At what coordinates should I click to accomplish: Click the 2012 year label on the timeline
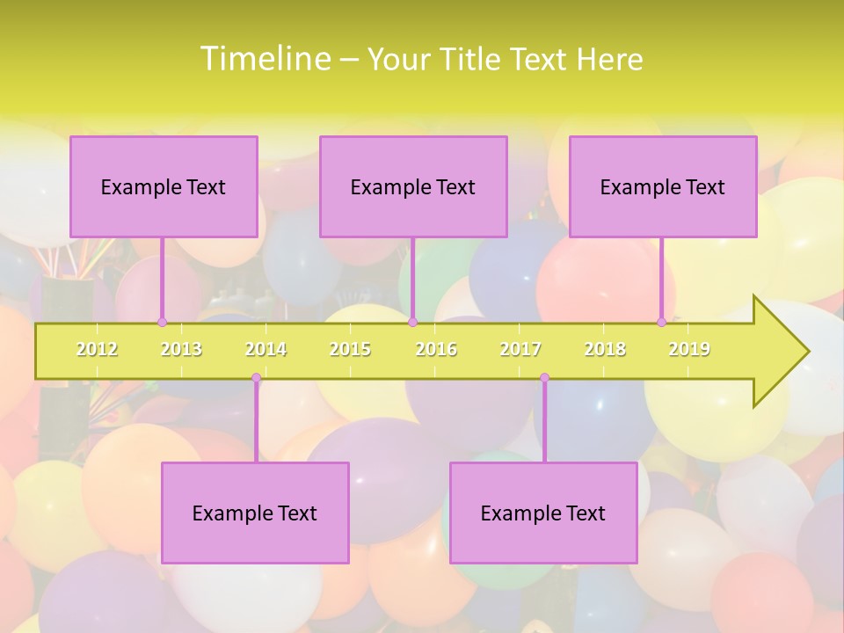click(97, 349)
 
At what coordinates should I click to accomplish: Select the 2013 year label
click(181, 349)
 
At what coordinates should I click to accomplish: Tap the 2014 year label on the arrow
click(266, 349)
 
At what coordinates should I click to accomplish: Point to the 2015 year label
click(350, 349)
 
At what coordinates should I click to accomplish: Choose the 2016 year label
click(436, 349)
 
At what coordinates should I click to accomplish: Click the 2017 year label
click(520, 349)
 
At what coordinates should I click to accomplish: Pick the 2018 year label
click(605, 349)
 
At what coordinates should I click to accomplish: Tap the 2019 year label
click(689, 349)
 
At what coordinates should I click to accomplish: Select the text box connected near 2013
click(164, 186)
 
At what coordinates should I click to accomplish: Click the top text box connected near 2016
click(413, 186)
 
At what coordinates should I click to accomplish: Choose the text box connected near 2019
click(663, 186)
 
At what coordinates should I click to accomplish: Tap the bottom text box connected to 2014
click(255, 513)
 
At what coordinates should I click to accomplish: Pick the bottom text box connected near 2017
click(543, 513)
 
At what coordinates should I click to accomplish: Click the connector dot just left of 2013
click(162, 323)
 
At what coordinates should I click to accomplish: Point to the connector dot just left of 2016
click(412, 323)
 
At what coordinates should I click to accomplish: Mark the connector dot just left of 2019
click(661, 323)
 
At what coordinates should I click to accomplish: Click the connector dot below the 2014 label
click(256, 378)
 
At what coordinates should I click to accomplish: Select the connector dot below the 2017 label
click(544, 378)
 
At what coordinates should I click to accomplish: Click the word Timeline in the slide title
click(265, 58)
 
